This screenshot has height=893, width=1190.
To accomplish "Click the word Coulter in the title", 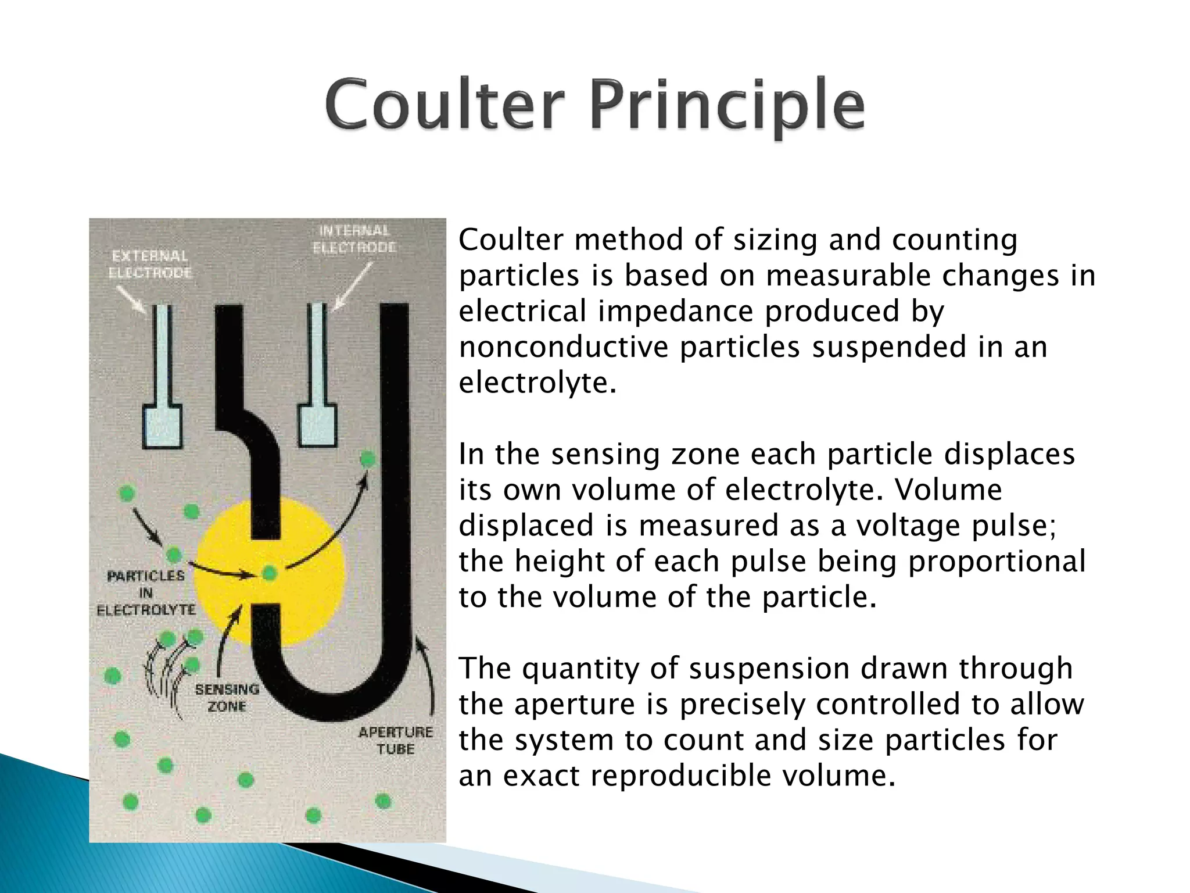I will [445, 106].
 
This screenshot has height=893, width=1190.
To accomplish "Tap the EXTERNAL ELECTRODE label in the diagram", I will [150, 264].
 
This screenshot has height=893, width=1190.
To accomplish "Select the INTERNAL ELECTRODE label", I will [354, 239].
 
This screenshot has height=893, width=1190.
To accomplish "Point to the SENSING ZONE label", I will [227, 698].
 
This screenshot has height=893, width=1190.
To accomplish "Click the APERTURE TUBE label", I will [396, 740].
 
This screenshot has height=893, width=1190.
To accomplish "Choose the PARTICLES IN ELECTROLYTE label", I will [146, 592].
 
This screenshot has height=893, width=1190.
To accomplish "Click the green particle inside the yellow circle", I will [270, 573].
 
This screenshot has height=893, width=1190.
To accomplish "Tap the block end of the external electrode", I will [162, 427].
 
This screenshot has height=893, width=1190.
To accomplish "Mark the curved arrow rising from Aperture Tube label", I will [427, 674].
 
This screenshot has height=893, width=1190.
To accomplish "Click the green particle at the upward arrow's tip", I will [367, 459].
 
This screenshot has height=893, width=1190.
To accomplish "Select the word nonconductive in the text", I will [563, 347].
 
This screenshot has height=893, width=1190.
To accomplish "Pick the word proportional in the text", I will [996, 562].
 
